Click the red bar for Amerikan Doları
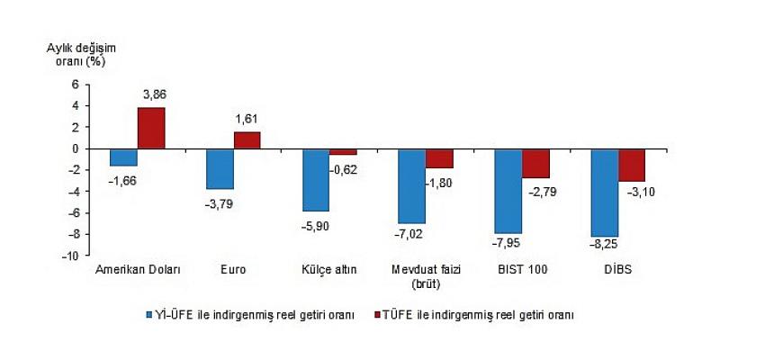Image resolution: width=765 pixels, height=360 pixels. point(151,128)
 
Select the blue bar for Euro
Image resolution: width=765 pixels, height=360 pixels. point(220,168)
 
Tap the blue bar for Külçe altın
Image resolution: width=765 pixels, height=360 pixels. point(316,180)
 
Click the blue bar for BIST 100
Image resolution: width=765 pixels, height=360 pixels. point(508,191)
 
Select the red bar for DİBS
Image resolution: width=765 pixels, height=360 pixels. point(632,165)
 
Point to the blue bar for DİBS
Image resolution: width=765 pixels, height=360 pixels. point(605,193)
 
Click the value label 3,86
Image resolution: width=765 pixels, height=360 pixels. point(155,94)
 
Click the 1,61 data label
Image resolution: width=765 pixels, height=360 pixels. point(249,118)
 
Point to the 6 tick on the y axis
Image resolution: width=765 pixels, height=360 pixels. point(76,85)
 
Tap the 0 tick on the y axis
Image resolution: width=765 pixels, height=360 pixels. point(76,148)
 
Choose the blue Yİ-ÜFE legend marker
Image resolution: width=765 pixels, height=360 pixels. point(149,315)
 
